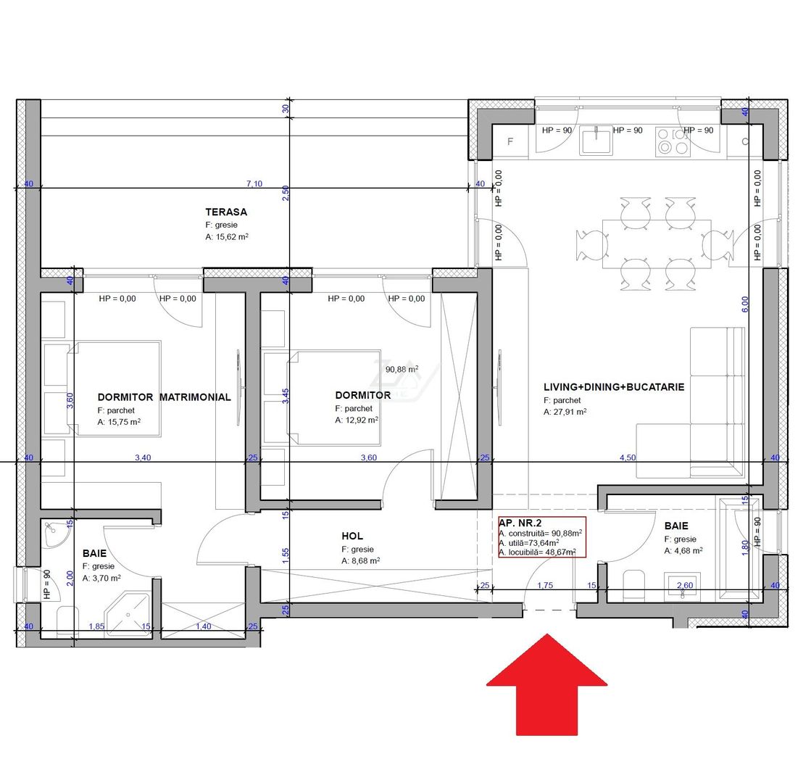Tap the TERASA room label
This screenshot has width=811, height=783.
[226, 212]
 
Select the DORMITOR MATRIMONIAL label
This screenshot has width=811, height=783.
[164, 397]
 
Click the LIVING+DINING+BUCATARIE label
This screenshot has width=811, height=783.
[613, 386]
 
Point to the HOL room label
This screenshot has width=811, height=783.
[352, 536]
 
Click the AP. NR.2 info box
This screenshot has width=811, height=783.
[542, 536]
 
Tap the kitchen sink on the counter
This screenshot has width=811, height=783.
[596, 140]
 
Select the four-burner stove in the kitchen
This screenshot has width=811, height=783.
[673, 141]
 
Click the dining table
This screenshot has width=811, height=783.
[657, 244]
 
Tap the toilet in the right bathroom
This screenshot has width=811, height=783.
[634, 585]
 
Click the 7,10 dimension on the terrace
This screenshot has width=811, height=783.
[254, 183]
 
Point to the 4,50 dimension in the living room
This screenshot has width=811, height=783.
[628, 457]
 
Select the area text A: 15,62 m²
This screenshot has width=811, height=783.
[227, 236]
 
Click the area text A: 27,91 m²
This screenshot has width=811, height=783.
[565, 412]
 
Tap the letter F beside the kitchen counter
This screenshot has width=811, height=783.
[510, 141]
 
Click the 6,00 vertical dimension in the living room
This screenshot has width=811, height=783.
[745, 304]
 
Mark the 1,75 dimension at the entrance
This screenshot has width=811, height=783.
[545, 585]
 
